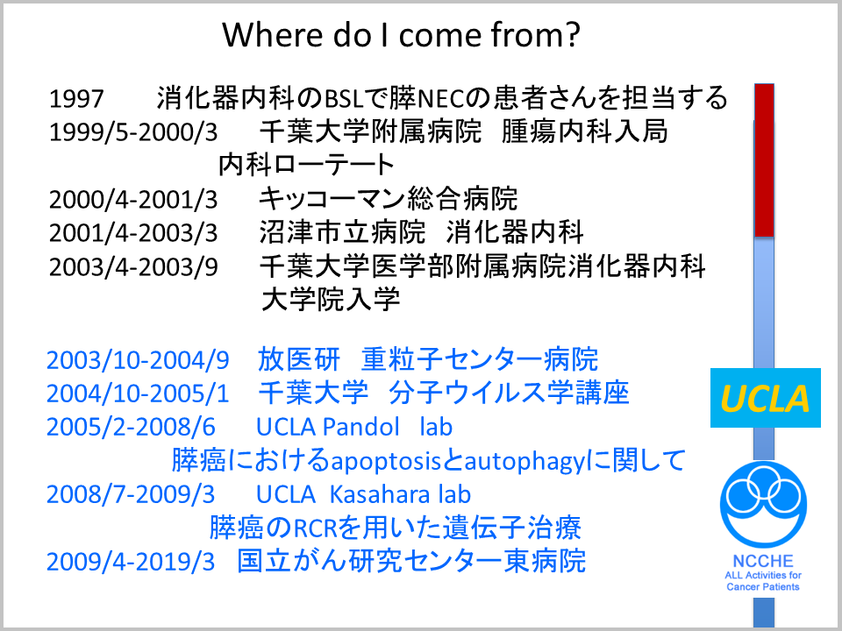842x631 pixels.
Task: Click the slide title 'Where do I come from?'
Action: coord(401,35)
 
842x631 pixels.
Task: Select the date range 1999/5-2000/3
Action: coord(133,132)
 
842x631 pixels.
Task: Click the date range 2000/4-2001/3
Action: coord(133,200)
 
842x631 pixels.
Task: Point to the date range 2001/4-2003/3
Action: coord(133,233)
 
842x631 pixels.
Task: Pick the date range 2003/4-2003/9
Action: coord(133,266)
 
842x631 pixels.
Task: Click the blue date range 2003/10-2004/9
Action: coord(138,360)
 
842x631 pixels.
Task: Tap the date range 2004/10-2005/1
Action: coord(138,393)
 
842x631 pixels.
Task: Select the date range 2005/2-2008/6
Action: coord(131,427)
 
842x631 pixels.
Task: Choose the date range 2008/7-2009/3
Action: coord(131,494)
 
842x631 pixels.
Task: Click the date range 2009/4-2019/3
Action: coord(131,562)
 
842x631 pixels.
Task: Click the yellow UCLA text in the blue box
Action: coord(765,399)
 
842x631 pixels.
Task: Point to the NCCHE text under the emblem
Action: coord(763,561)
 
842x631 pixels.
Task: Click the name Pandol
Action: coord(361,427)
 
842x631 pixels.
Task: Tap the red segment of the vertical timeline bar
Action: coord(764,160)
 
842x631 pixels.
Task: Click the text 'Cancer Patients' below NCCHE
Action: coord(763,586)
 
